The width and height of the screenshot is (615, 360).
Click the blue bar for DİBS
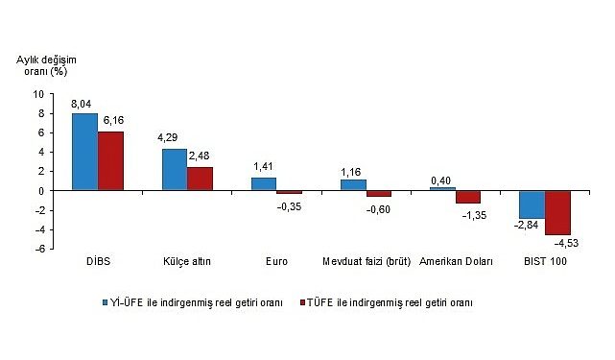pyautogui.click(x=84, y=152)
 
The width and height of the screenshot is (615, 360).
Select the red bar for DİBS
pyautogui.click(x=110, y=160)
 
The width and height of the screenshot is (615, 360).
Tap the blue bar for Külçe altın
pyautogui.click(x=174, y=170)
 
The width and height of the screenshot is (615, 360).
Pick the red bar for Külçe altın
pyautogui.click(x=200, y=179)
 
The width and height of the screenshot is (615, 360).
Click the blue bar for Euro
pyautogui.click(x=263, y=183)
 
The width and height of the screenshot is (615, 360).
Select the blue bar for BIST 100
pyautogui.click(x=532, y=204)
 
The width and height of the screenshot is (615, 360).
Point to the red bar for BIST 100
pyautogui.click(x=557, y=212)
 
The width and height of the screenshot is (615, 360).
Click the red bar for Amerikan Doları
pyautogui.click(x=468, y=197)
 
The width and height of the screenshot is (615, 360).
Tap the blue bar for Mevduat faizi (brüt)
pyautogui.click(x=353, y=184)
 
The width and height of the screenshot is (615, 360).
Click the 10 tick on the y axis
pyautogui.click(x=37, y=94)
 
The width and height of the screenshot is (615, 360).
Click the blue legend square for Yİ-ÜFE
pyautogui.click(x=108, y=302)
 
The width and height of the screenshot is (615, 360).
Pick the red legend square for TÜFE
pyautogui.click(x=300, y=302)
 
